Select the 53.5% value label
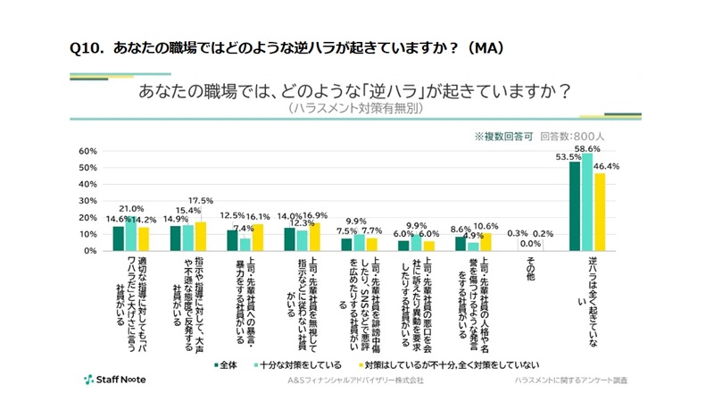pyautogui.click(x=569, y=157)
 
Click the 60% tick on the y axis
pyautogui.click(x=87, y=151)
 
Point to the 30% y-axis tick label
pyautogui.click(x=87, y=201)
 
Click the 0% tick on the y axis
pyautogui.click(x=90, y=251)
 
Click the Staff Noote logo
pyautogui.click(x=115, y=380)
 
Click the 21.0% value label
pyautogui.click(x=132, y=208)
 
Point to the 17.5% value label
pyautogui.click(x=201, y=200)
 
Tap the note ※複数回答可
pyautogui.click(x=503, y=137)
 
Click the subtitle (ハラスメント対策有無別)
pyautogui.click(x=356, y=108)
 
